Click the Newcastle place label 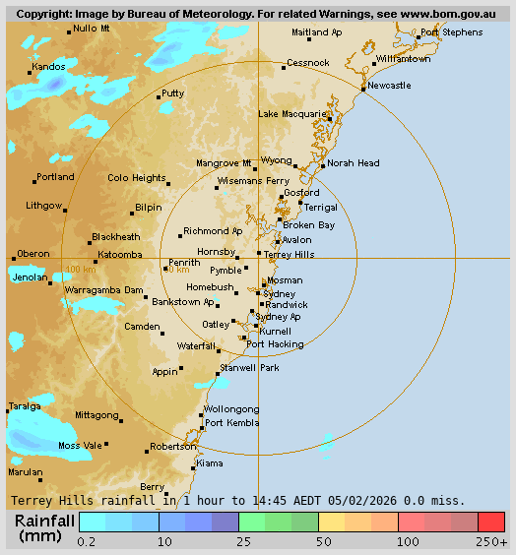[x=389, y=86]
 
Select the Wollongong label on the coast [x=231, y=409]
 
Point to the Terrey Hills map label [x=290, y=254]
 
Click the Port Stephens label [x=451, y=32]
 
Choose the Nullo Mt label [x=92, y=29]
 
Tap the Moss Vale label [x=80, y=446]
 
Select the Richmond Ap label [x=213, y=230]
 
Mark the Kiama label [x=210, y=462]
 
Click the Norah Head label [x=354, y=163]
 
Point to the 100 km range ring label [x=80, y=270]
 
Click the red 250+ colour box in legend [x=491, y=522]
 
